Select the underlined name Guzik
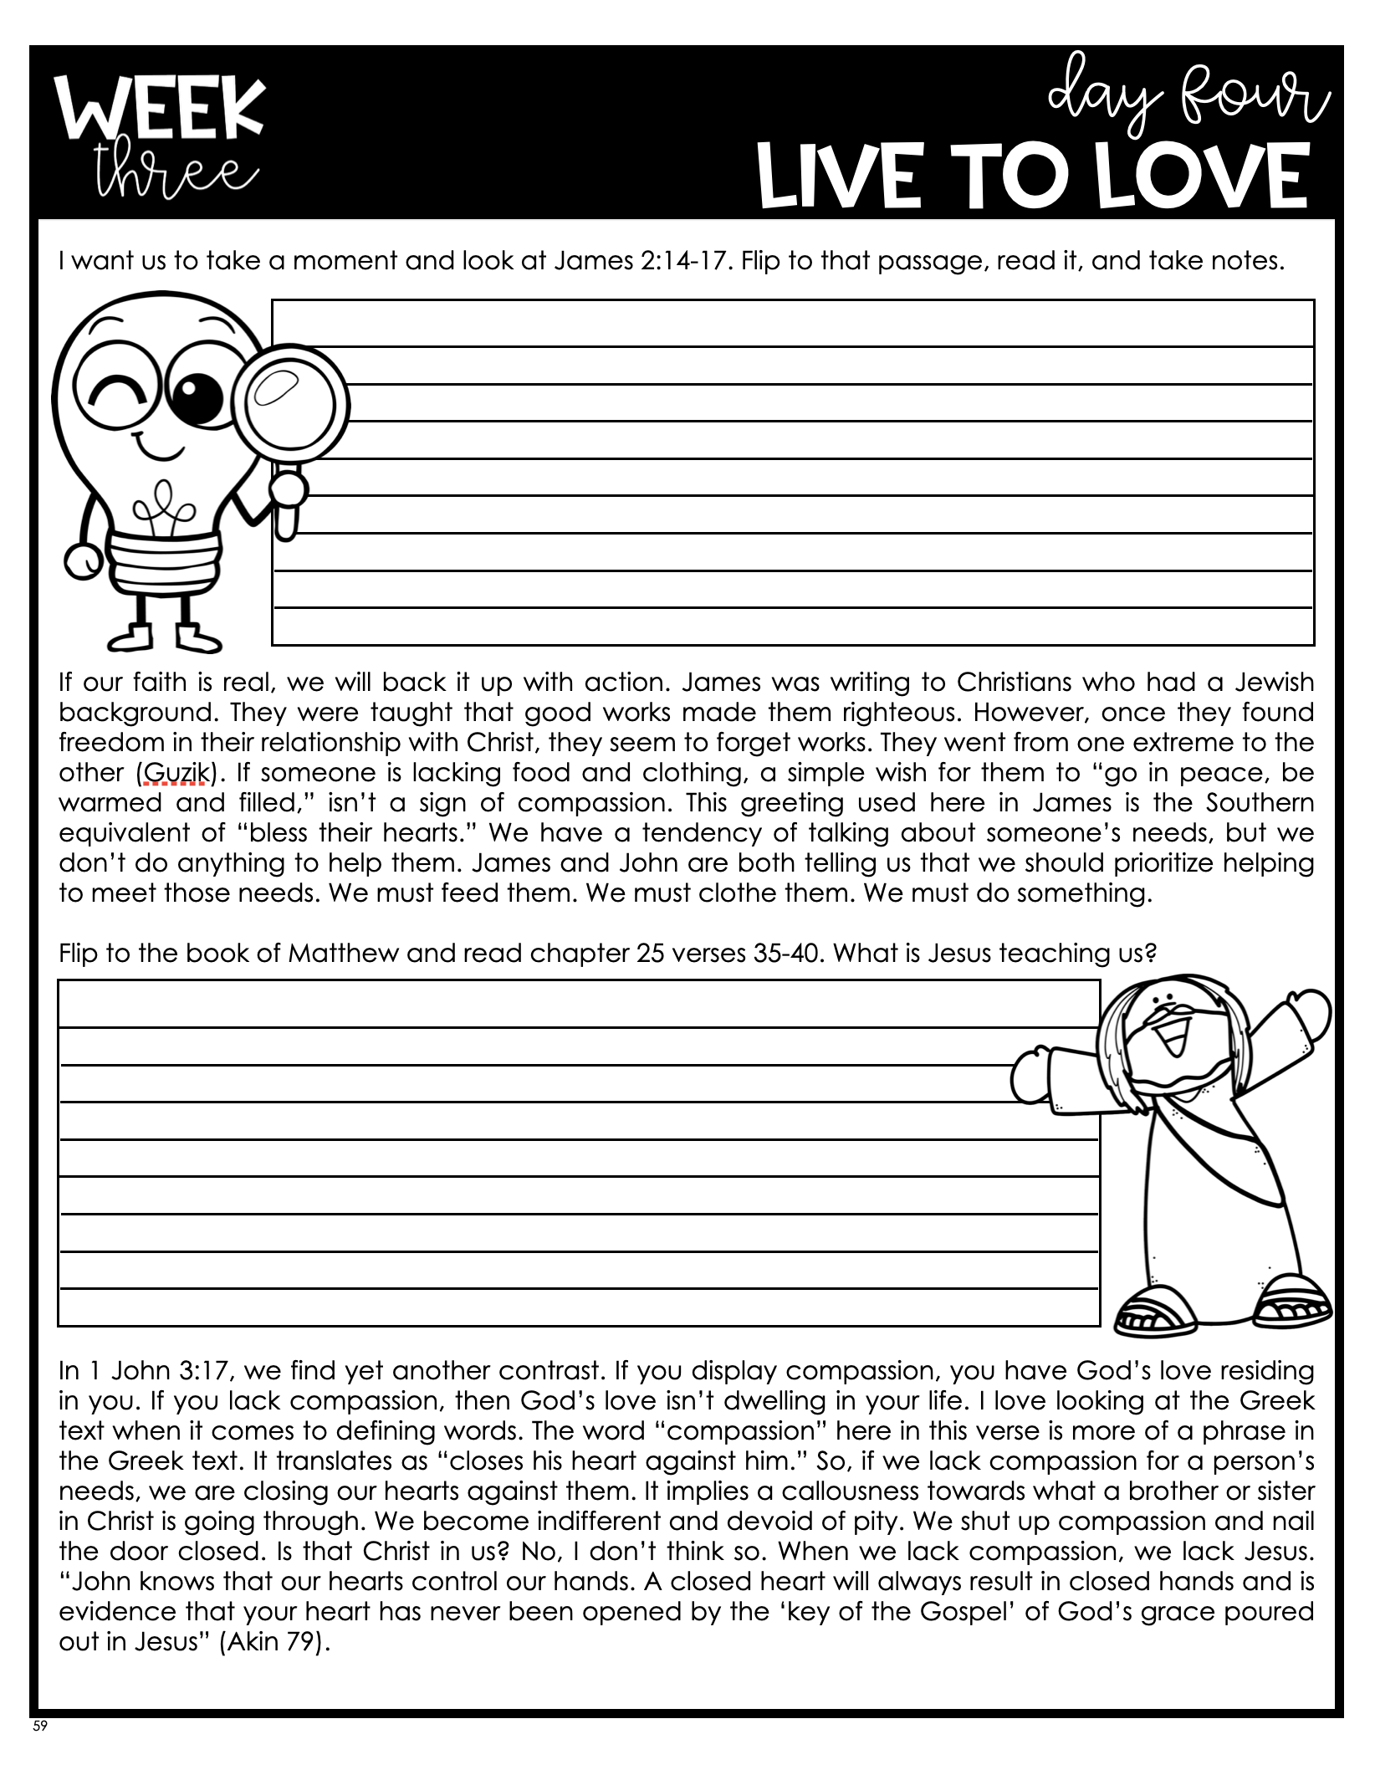click(174, 772)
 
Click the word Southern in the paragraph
click(1260, 802)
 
